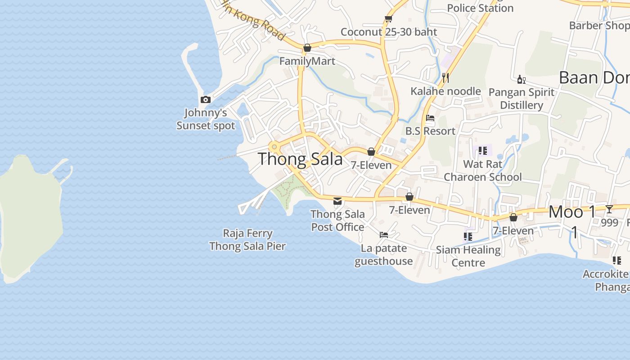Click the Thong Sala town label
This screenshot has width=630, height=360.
pyautogui.click(x=300, y=159)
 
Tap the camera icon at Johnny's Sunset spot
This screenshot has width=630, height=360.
pyautogui.click(x=206, y=99)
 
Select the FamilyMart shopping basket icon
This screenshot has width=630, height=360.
pyautogui.click(x=307, y=48)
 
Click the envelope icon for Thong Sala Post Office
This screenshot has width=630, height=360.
pyautogui.click(x=337, y=201)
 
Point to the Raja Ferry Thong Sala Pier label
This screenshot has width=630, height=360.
pyautogui.click(x=247, y=240)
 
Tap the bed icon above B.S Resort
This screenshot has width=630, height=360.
pyautogui.click(x=430, y=118)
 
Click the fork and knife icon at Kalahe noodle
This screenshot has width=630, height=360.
pyautogui.click(x=445, y=78)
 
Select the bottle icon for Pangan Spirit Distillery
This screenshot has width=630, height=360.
pyautogui.click(x=521, y=80)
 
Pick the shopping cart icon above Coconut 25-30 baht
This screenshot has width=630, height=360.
pyautogui.click(x=388, y=18)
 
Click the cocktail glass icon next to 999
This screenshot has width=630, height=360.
pyautogui.click(x=609, y=209)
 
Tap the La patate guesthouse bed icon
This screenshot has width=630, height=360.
pyautogui.click(x=384, y=234)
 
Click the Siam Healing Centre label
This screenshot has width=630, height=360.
pyautogui.click(x=468, y=256)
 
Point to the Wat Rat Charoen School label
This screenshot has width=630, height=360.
pyautogui.click(x=483, y=171)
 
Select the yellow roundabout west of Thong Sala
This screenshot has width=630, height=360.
pyautogui.click(x=274, y=147)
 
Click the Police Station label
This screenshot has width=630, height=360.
pyautogui.click(x=480, y=8)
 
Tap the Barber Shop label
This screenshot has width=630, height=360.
pyautogui.click(x=599, y=25)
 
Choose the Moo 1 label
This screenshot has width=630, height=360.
pyautogui.click(x=572, y=212)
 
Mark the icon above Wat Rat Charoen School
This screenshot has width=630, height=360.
pyautogui.click(x=483, y=150)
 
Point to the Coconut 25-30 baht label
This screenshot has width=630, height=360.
pyautogui.click(x=389, y=32)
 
